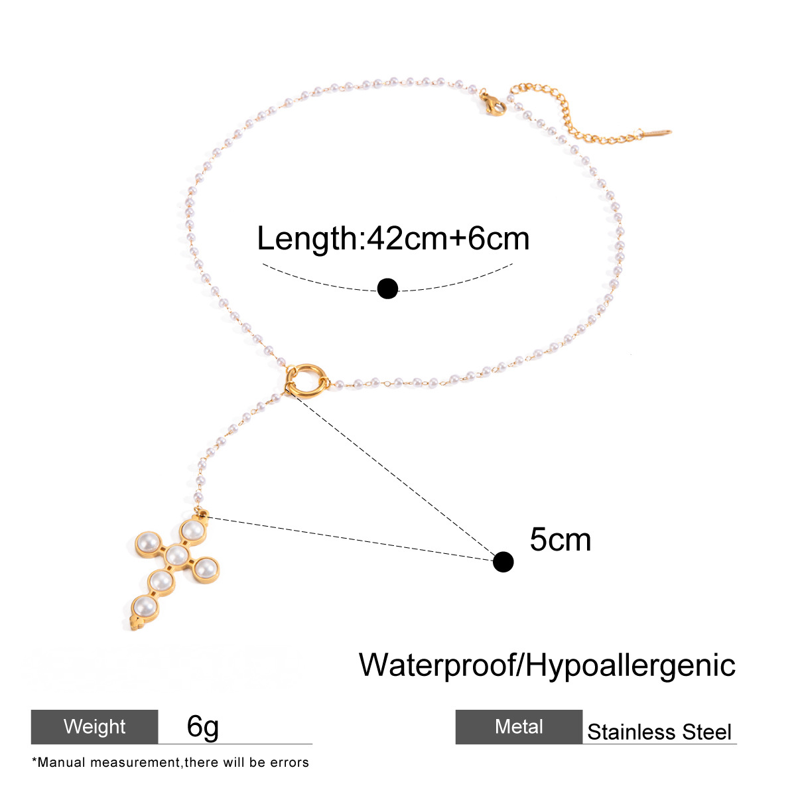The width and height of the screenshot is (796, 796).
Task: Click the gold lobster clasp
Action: (x=492, y=103)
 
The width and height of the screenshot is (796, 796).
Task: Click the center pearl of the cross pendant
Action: (x=177, y=555)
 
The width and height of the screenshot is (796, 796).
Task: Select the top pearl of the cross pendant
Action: (x=192, y=529)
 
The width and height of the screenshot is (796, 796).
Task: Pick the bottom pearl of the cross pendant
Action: (x=145, y=606)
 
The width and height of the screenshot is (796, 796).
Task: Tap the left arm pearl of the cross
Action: (x=147, y=543)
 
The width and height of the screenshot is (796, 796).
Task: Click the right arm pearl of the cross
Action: (x=205, y=568)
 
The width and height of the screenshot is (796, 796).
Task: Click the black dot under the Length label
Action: (x=387, y=289)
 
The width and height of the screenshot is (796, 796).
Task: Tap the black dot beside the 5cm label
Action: (x=503, y=562)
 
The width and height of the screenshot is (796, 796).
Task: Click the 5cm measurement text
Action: (x=560, y=539)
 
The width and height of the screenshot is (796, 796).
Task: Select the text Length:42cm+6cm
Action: (x=393, y=238)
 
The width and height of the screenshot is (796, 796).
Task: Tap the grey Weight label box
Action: (x=95, y=726)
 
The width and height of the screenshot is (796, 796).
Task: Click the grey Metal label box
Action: (x=519, y=726)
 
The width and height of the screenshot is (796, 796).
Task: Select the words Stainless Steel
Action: (x=659, y=732)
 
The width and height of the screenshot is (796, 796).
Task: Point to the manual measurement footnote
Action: (x=170, y=763)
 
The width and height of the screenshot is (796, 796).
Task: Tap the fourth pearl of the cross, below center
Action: (x=161, y=581)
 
